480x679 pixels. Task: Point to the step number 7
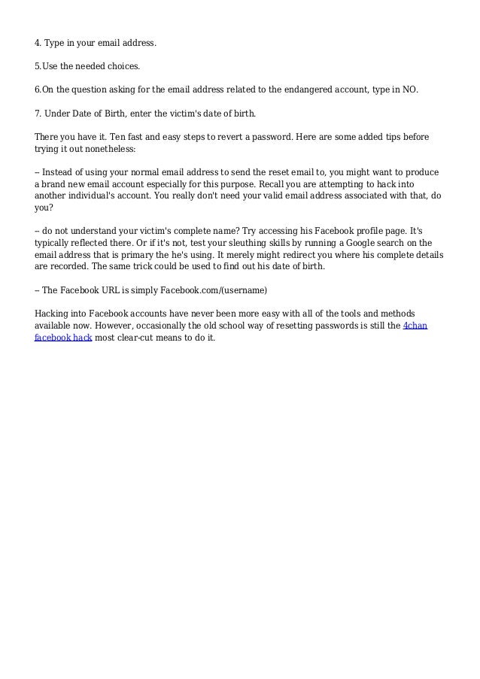[38, 114]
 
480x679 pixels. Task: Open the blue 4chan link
[415, 326]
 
